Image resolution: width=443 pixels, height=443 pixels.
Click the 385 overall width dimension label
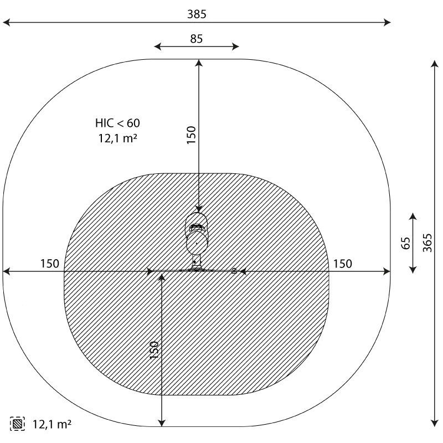197,14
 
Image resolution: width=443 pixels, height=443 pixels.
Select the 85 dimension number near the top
197,39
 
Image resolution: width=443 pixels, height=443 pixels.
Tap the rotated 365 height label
427,243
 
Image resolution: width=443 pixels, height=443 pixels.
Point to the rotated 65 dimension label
405,243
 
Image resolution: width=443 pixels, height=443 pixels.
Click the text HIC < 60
117,123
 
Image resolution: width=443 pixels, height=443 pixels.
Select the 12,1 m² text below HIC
118,138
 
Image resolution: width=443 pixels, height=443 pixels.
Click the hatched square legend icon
17,424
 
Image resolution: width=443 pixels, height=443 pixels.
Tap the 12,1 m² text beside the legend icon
52,424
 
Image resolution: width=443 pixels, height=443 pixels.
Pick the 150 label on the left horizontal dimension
50,264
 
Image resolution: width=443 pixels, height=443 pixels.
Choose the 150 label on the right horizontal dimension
342,264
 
